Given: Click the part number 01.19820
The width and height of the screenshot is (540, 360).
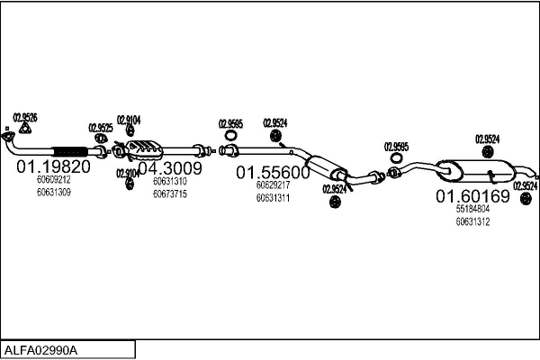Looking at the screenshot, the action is pos(53,166).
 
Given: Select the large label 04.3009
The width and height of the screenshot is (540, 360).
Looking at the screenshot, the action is pos(169,167).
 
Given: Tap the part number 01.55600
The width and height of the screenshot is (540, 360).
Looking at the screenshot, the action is pos(273,172).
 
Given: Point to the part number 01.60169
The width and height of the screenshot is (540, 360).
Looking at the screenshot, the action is pos(472,195).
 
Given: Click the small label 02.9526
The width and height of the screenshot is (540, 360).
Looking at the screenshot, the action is pos(25,117).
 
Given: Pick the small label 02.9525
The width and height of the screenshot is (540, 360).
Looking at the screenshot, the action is pos(100,128).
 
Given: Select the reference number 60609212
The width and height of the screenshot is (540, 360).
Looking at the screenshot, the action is pos(53,179).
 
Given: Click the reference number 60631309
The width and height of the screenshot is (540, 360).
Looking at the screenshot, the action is pos(53,191).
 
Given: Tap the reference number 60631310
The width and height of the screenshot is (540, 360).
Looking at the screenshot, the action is pos(169,181).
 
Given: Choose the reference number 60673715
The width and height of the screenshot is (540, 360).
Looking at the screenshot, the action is pos(169,193).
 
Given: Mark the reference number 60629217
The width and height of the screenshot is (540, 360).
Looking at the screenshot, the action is pos(273,185).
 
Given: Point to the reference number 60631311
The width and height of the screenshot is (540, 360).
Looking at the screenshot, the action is pos(273,198).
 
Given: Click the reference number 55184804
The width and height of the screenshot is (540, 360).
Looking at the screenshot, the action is pos(472,209).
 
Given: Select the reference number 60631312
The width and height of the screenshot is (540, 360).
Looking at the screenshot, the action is pos(472,221).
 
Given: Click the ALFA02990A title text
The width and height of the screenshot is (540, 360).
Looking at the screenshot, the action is pos(42,349).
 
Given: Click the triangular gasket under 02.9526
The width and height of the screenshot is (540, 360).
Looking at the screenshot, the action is pos(25,130).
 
